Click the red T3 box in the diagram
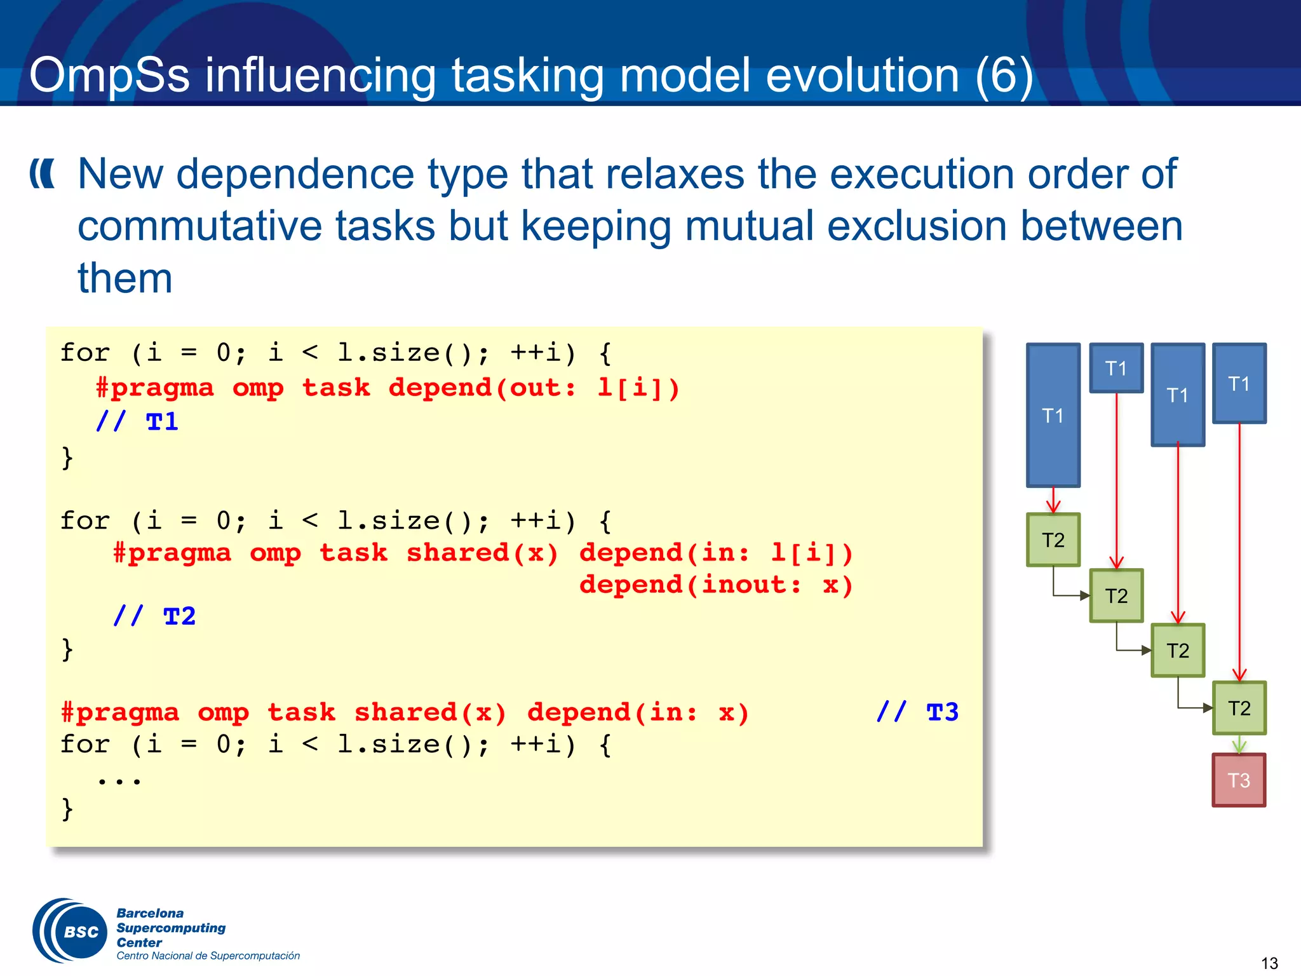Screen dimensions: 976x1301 [x=1239, y=780]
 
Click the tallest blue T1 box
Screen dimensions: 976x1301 [x=1053, y=416]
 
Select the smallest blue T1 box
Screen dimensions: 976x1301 [x=1116, y=369]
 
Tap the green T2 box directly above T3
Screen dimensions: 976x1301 [x=1239, y=708]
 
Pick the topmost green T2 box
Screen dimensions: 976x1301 [x=1053, y=540]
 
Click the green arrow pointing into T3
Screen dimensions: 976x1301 [x=1239, y=745]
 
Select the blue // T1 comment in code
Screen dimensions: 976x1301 [x=137, y=422]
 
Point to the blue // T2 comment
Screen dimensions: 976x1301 [x=154, y=616]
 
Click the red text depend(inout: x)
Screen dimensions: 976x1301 [x=716, y=585]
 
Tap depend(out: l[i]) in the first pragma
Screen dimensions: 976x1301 [x=534, y=388]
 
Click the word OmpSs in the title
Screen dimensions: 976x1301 [x=109, y=75]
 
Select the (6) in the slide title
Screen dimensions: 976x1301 [x=1004, y=75]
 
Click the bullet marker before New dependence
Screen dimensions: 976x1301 [x=43, y=174]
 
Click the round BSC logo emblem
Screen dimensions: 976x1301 [x=71, y=931]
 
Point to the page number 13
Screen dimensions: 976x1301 [x=1269, y=963]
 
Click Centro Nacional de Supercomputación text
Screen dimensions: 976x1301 [x=208, y=956]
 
